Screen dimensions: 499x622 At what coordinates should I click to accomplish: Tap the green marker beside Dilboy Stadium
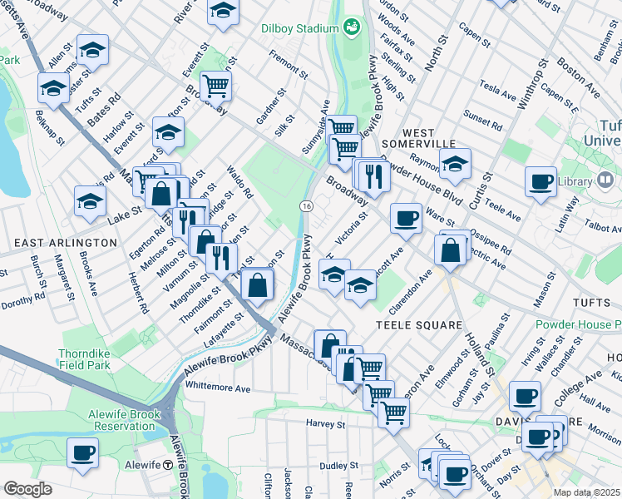click(351, 27)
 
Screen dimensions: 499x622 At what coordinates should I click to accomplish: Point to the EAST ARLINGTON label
click(65, 242)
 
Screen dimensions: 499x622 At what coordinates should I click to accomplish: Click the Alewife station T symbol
click(168, 465)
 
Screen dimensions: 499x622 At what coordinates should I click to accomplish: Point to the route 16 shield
click(306, 205)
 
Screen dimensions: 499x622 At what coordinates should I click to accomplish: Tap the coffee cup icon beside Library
click(541, 181)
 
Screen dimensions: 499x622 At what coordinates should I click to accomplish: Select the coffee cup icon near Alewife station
click(82, 453)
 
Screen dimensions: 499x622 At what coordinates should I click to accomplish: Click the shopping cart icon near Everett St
click(215, 85)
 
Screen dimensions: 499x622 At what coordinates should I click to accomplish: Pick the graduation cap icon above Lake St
click(90, 200)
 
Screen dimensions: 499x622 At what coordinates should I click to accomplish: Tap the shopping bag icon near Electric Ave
click(450, 250)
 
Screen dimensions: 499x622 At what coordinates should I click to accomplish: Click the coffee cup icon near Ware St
click(405, 218)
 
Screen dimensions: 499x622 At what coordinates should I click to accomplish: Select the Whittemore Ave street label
click(219, 388)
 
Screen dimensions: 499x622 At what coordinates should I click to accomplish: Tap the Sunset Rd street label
click(483, 121)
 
